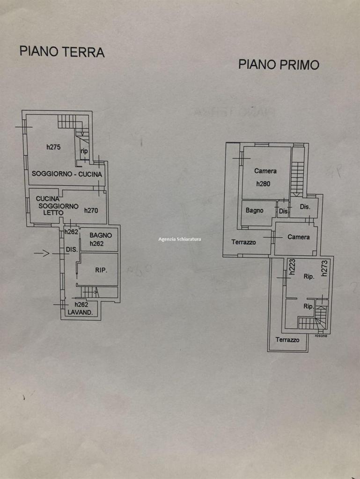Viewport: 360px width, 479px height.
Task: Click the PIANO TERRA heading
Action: (x=62, y=51)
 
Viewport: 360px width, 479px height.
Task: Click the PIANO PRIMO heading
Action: (x=279, y=65)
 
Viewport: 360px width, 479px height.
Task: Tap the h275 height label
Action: (x=53, y=147)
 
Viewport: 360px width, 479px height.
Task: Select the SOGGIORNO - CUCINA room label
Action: (x=67, y=174)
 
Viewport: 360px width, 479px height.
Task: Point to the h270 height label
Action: (x=91, y=210)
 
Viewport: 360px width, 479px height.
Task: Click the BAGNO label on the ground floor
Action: (x=101, y=235)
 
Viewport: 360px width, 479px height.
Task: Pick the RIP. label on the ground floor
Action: (x=101, y=270)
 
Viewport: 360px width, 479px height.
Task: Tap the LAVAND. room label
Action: (x=80, y=312)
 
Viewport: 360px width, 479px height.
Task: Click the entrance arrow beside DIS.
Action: (x=42, y=253)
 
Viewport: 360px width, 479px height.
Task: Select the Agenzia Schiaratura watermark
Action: (x=180, y=239)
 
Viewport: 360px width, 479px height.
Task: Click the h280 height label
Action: (x=263, y=184)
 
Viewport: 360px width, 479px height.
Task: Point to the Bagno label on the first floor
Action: (x=254, y=210)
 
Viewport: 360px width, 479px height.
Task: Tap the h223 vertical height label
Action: (x=292, y=266)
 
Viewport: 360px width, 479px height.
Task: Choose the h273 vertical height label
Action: (x=324, y=268)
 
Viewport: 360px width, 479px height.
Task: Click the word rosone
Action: (x=321, y=336)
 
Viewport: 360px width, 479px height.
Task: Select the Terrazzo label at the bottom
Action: (x=287, y=340)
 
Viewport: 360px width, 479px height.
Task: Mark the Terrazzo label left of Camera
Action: (x=243, y=242)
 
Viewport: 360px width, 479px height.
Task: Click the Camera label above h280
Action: (x=265, y=171)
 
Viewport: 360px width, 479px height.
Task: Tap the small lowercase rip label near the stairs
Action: (x=84, y=151)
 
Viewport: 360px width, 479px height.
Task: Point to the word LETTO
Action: (x=53, y=213)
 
